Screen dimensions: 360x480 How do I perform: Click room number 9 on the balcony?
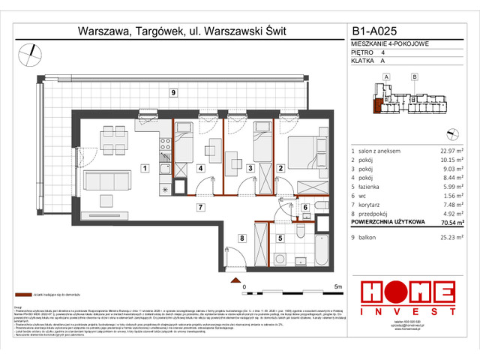pyautogui.click(x=173, y=92)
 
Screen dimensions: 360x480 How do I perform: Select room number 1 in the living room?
pyautogui.click(x=144, y=168)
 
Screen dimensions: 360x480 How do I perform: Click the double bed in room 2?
pyautogui.click(x=301, y=150)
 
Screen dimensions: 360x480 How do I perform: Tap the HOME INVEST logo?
pyautogui.click(x=406, y=298)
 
